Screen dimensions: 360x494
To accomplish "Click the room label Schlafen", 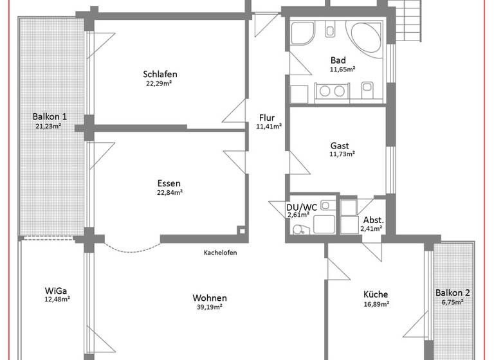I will (x=160, y=74).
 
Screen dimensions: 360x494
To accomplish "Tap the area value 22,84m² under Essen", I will (x=170, y=192).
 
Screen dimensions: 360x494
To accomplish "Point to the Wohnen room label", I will (x=209, y=298).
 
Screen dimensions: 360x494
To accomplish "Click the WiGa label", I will (x=57, y=289).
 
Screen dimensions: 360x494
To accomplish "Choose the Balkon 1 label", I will (x=50, y=116).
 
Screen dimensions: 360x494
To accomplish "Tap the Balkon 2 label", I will (x=452, y=292).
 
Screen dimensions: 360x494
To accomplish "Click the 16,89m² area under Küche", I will (x=376, y=305).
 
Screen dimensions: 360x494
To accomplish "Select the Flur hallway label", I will (x=267, y=118).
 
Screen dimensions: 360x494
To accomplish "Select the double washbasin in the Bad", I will (x=333, y=91).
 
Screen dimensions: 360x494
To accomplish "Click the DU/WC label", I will (x=301, y=206).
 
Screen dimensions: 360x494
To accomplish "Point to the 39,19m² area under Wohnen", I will (x=209, y=307).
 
